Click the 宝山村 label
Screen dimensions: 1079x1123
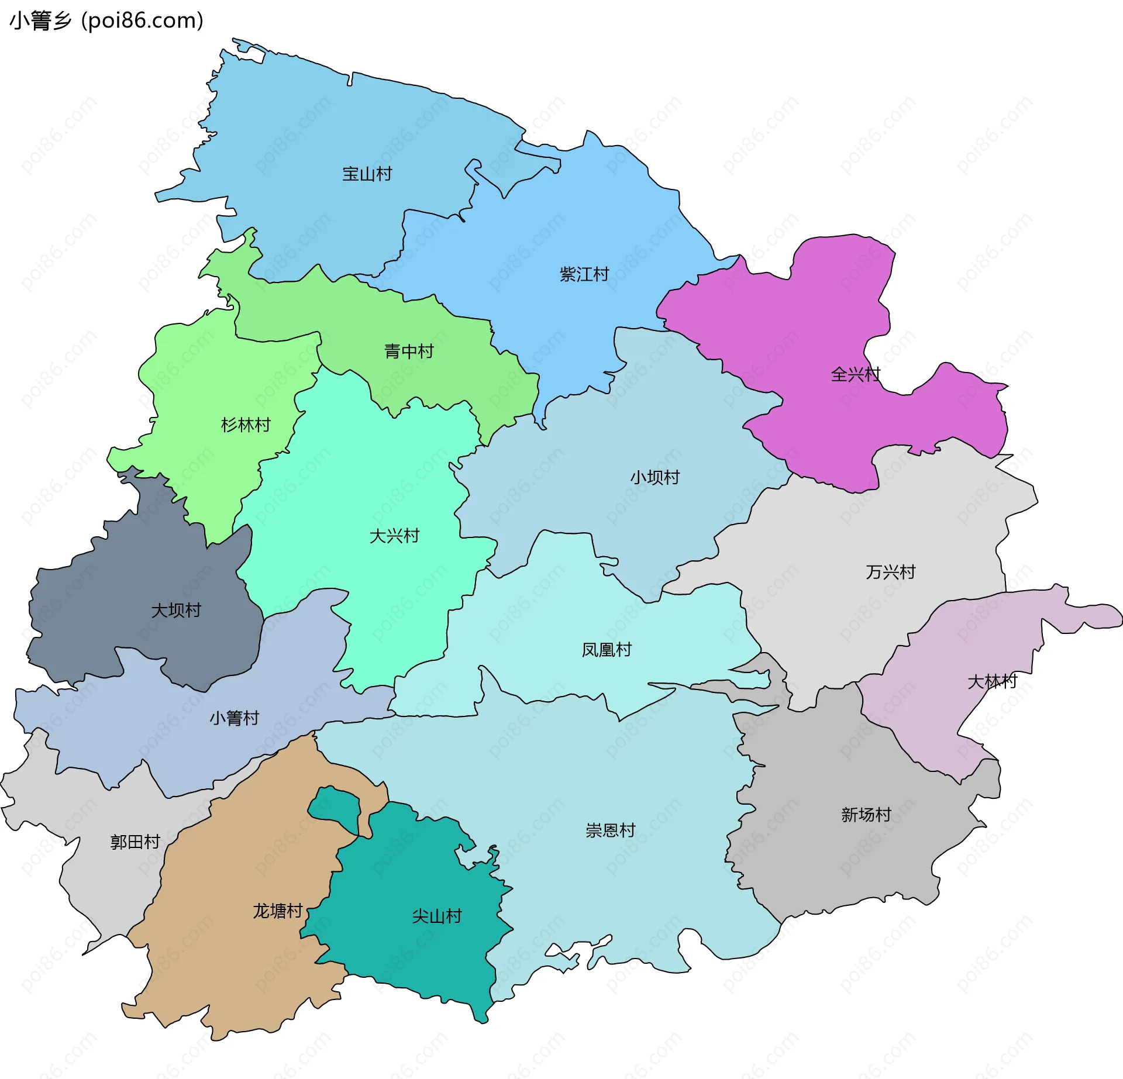pos(367,174)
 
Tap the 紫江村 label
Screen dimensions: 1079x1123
pos(584,274)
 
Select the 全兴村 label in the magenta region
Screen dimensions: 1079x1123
pos(855,374)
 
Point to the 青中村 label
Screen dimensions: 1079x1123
pos(409,351)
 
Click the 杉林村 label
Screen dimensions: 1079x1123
pos(246,425)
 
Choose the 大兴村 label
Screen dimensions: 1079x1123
pos(394,536)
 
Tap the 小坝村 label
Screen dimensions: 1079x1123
pos(654,478)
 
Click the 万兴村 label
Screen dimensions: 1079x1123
pos(890,572)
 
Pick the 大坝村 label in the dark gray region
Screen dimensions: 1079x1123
pos(175,611)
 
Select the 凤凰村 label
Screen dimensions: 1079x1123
pos(607,650)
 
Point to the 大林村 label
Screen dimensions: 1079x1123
pos(992,681)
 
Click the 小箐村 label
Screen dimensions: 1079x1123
pos(234,718)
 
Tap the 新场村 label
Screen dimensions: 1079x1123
pos(866,815)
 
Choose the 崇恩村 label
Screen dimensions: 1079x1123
pos(610,830)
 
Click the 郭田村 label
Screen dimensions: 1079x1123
pos(135,842)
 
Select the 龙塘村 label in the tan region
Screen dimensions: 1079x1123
pos(277,911)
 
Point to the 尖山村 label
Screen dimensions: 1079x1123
pos(437,916)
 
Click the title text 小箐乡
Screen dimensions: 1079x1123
pos(41,20)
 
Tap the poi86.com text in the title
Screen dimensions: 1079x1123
pos(143,20)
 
